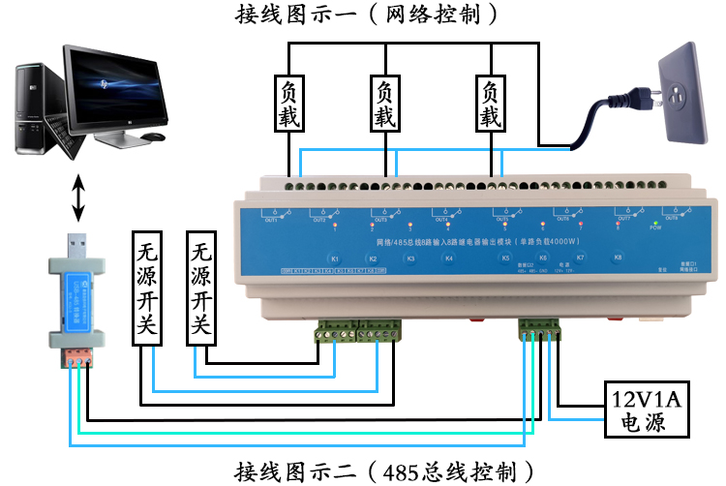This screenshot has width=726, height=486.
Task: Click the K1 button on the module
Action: click(x=334, y=259)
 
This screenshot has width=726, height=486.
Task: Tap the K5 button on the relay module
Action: click(x=504, y=258)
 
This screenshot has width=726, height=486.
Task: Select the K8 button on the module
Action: click(x=618, y=258)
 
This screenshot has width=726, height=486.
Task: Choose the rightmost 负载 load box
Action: click(x=491, y=105)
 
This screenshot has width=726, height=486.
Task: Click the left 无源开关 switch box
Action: click(x=149, y=288)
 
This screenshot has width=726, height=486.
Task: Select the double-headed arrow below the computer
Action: click(x=78, y=197)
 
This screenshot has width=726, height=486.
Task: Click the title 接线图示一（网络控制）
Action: click(x=371, y=15)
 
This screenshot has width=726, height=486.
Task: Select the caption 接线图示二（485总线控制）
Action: click(x=385, y=471)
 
